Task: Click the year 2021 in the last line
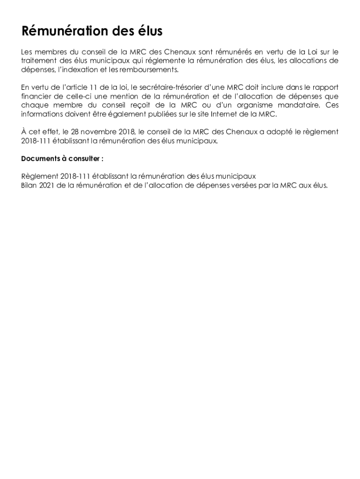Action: [x=49, y=185]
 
